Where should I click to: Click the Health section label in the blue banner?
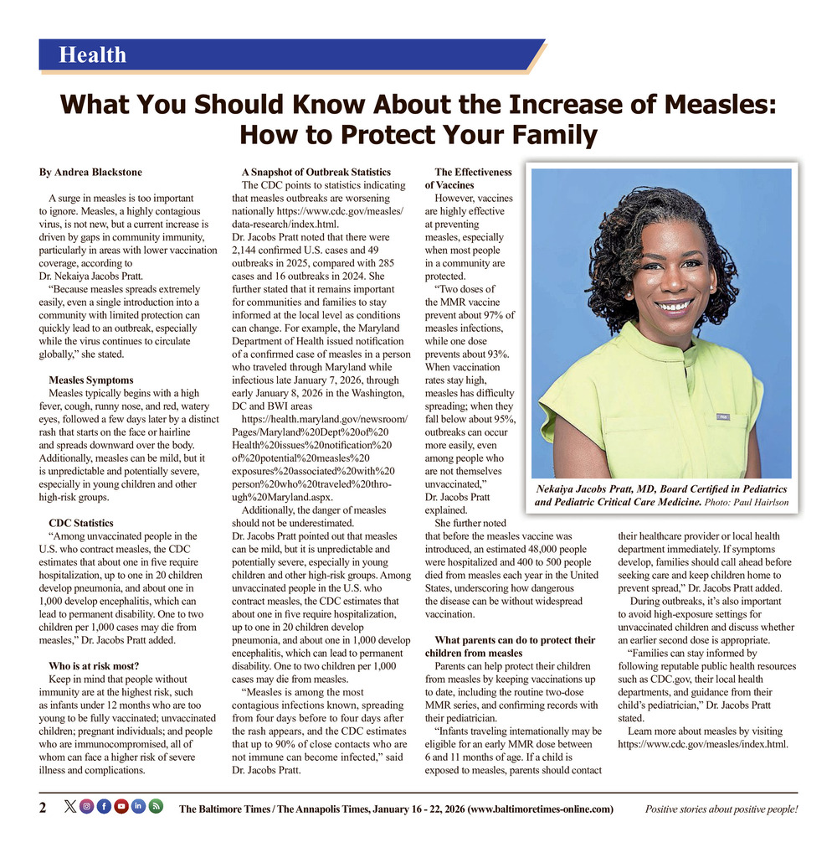pyautogui.click(x=92, y=55)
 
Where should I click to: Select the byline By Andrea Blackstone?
pyautogui.click(x=90, y=173)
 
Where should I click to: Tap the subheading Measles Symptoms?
pyautogui.click(x=91, y=380)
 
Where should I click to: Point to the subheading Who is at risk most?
pyautogui.click(x=94, y=666)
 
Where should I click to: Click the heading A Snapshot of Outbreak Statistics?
pyautogui.click(x=316, y=173)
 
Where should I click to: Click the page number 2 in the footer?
pyautogui.click(x=43, y=808)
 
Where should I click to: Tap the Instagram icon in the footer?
pyautogui.click(x=86, y=807)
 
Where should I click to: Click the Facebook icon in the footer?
pyautogui.click(x=104, y=807)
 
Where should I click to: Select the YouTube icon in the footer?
pyautogui.click(x=121, y=807)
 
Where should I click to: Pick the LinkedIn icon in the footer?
pyautogui.click(x=138, y=807)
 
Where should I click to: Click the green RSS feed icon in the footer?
pyautogui.click(x=156, y=807)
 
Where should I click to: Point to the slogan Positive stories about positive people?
pyautogui.click(x=721, y=809)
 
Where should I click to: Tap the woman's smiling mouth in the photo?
pyautogui.click(x=673, y=305)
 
